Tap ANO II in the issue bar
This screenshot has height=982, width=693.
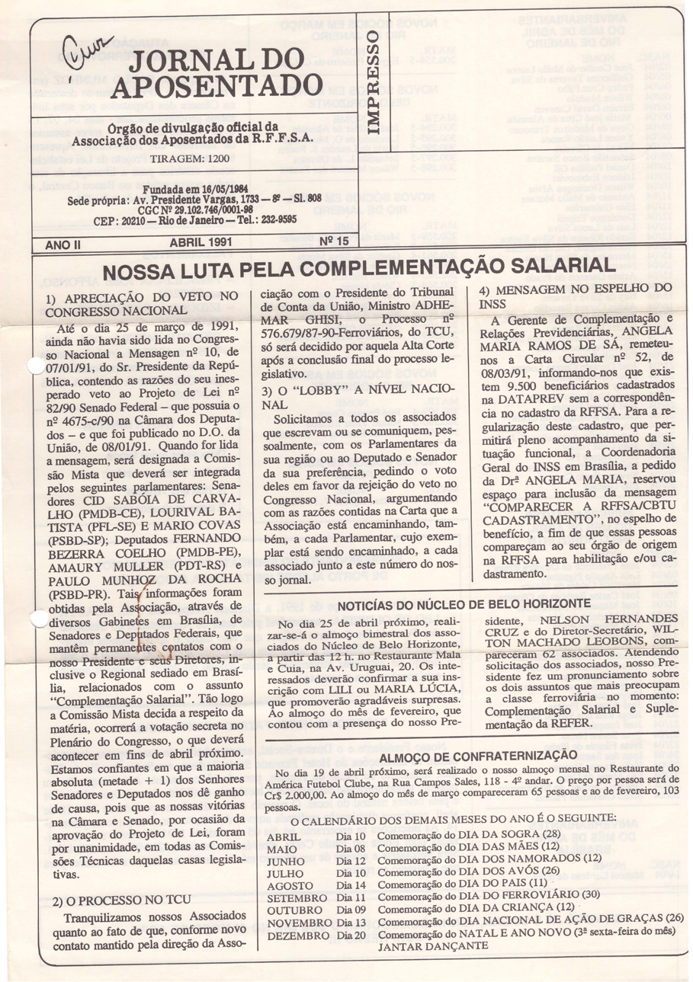61,244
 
